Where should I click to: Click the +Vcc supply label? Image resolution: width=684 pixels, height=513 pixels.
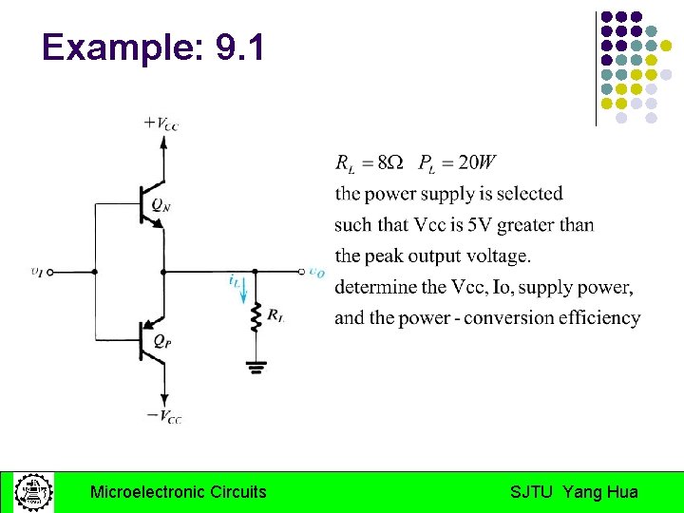click(x=161, y=123)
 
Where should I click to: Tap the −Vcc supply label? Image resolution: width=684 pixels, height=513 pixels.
click(x=163, y=415)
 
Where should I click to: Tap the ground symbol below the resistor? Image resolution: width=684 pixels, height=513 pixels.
click(x=254, y=365)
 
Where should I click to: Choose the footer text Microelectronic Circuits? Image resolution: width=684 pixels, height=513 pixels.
click(x=178, y=492)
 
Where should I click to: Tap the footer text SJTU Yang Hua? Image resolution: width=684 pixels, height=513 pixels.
click(x=574, y=492)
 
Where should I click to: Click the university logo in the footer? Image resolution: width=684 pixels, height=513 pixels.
click(x=33, y=492)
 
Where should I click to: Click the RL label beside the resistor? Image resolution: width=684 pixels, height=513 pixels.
click(x=275, y=315)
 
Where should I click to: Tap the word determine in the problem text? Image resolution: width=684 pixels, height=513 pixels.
click(x=374, y=287)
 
